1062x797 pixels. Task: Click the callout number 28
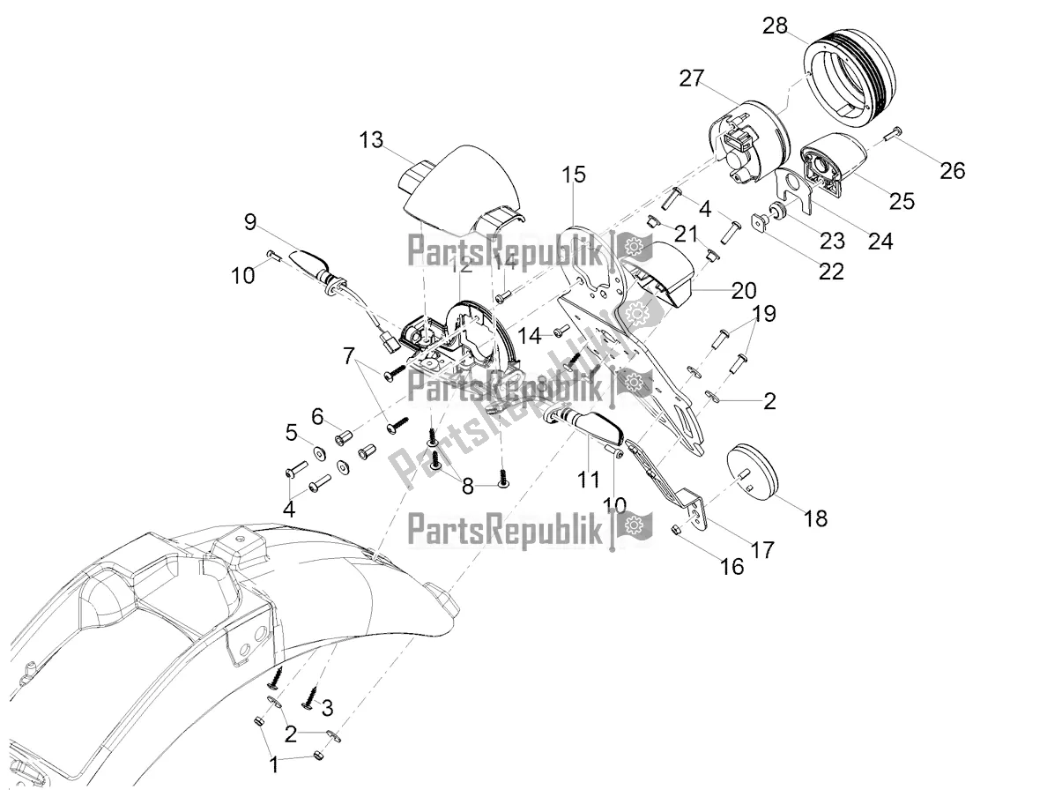click(x=775, y=26)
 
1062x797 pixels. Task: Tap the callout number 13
click(x=372, y=139)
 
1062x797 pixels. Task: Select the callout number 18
click(x=816, y=518)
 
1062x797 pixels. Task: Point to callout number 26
click(x=952, y=169)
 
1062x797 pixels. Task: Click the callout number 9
click(x=250, y=222)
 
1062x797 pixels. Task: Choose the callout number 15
click(x=574, y=175)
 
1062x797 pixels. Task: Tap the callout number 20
click(x=744, y=289)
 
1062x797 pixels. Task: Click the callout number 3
click(x=326, y=707)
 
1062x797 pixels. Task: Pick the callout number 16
click(x=732, y=566)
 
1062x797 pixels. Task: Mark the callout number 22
click(x=831, y=271)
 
